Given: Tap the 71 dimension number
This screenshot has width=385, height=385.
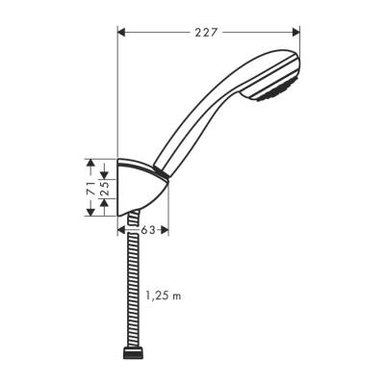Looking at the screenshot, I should tap(90, 187).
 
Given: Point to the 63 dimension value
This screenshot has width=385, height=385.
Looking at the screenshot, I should tap(147, 231).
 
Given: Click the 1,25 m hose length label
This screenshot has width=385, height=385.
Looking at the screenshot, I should tap(163, 295).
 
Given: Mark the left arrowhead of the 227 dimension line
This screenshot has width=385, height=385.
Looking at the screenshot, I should tap(121, 32).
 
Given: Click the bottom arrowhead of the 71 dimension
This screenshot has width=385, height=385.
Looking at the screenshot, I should tap(90, 213).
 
